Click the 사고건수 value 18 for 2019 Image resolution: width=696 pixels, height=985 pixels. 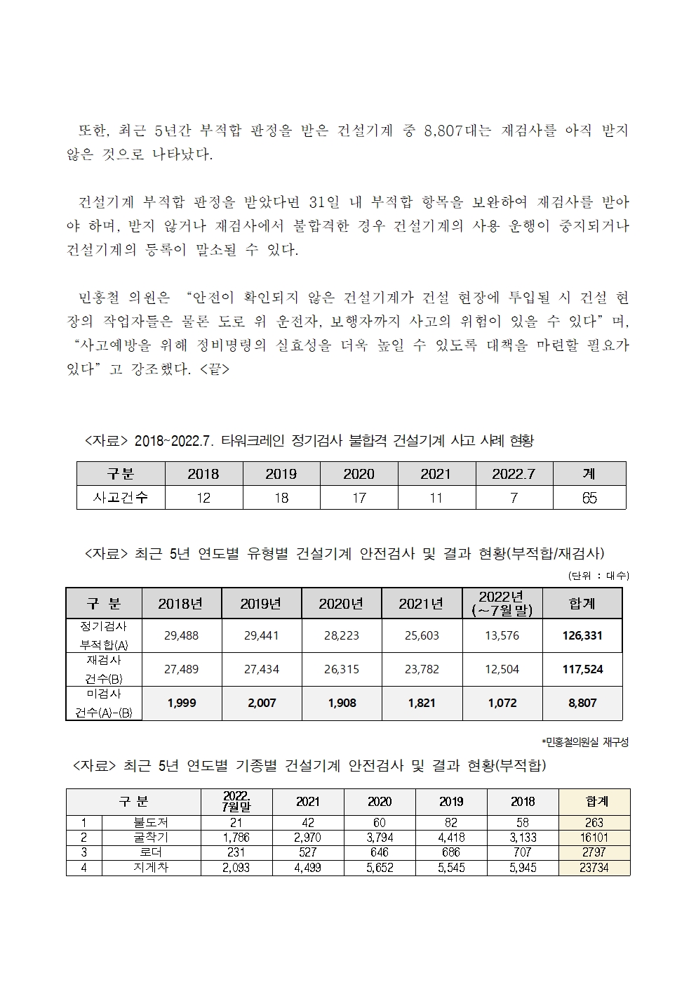coord(281,498)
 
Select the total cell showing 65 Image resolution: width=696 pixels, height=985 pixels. coord(589,498)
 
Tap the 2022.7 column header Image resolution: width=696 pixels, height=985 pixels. coord(514,474)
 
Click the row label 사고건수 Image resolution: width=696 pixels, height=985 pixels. coord(121,498)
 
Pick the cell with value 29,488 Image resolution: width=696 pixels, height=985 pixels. coord(181,635)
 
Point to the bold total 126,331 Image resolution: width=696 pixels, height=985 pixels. coord(582,635)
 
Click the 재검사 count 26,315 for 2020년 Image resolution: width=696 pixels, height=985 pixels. coord(342,669)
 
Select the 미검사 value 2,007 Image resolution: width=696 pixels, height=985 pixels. coord(262,703)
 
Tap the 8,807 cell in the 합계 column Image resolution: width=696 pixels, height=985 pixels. coord(582,703)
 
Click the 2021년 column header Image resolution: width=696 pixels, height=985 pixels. coord(422,603)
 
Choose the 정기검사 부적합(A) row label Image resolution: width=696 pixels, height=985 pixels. coord(104,635)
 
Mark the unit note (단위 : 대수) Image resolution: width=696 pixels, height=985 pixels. coord(598,576)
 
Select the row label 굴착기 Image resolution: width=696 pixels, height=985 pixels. coord(151,837)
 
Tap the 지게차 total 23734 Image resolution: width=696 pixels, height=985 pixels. coord(594,868)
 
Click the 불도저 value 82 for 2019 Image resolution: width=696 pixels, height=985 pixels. coord(451,822)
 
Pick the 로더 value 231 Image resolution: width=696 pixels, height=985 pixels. coord(236,852)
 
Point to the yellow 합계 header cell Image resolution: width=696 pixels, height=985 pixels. coord(594,801)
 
